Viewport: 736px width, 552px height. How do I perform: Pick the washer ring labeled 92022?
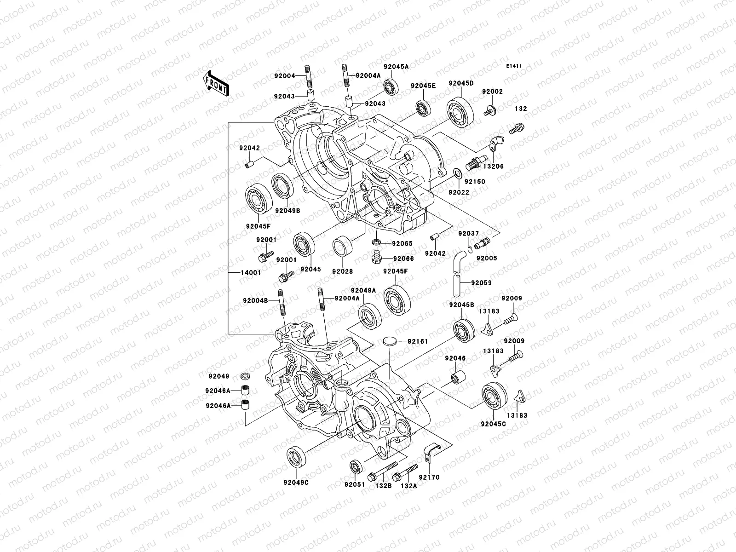tap(458, 174)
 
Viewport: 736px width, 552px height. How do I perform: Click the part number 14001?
tap(250, 272)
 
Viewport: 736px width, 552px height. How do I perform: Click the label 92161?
tap(418, 341)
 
